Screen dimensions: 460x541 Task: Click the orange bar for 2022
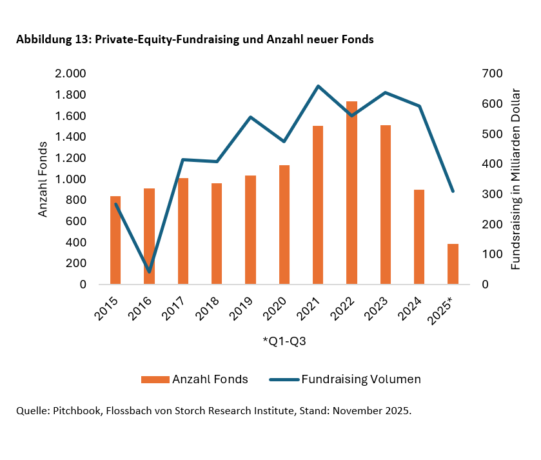click(351, 192)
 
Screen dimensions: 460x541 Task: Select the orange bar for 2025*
click(453, 264)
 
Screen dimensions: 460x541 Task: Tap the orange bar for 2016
click(149, 236)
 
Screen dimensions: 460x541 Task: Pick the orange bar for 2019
click(250, 230)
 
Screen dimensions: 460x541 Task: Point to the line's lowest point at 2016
click(149, 272)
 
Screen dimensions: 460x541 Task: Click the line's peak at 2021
click(318, 86)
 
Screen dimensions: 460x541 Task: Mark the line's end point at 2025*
click(453, 191)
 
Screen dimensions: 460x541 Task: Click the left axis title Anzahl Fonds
click(43, 179)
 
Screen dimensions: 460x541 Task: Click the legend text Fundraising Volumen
click(360, 379)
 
